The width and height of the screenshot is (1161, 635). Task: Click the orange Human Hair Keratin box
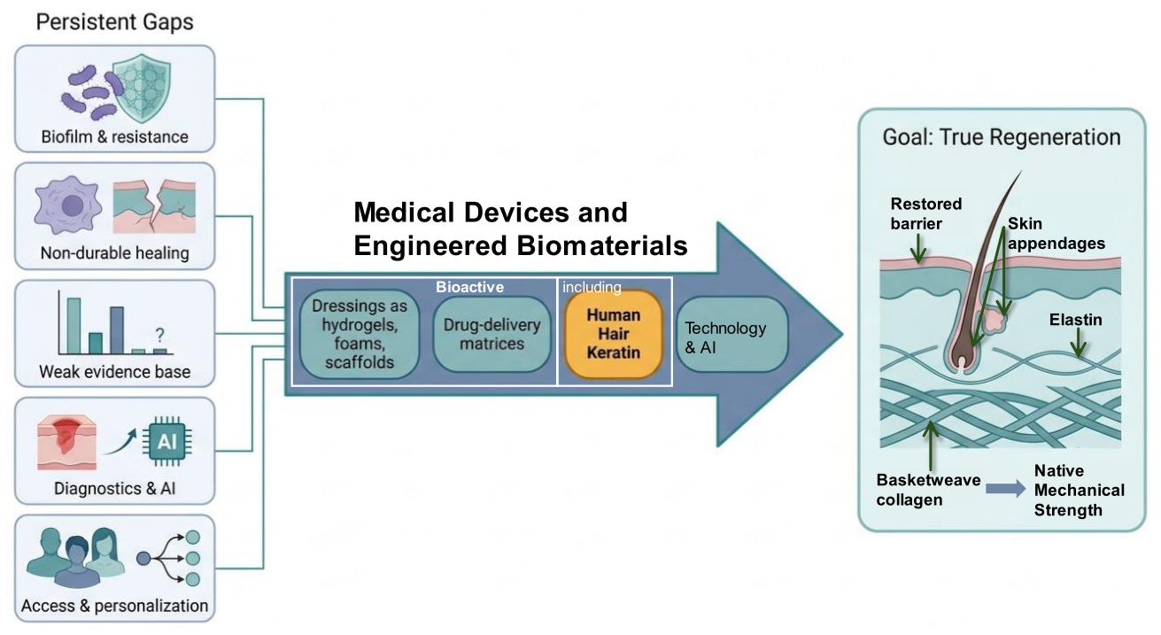(614, 333)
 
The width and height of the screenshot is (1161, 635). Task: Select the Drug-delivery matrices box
(491, 335)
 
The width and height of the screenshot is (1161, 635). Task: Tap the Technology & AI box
(732, 335)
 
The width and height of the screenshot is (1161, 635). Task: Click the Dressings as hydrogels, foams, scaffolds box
(360, 334)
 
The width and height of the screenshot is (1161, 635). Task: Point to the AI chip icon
(166, 442)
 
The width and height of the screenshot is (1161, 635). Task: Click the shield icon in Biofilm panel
(142, 89)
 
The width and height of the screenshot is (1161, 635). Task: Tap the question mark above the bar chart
(160, 335)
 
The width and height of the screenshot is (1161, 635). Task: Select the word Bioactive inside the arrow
(469, 287)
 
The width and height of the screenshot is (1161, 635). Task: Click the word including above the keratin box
(592, 287)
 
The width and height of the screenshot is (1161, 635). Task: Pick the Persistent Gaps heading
(114, 22)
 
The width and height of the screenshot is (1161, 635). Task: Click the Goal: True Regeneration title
(1002, 137)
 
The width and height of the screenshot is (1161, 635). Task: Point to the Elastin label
(1075, 320)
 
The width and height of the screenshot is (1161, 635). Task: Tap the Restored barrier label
(926, 213)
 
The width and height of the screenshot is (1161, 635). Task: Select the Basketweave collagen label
(928, 490)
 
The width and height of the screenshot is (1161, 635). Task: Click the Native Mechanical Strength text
(1080, 491)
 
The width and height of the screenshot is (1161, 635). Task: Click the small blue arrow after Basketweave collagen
(1005, 488)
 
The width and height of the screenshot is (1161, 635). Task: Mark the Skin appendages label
(1057, 233)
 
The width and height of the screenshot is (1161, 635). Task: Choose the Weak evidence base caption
(114, 372)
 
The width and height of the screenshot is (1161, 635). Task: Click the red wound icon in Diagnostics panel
(66, 443)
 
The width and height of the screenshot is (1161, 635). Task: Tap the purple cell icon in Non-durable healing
(68, 205)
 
